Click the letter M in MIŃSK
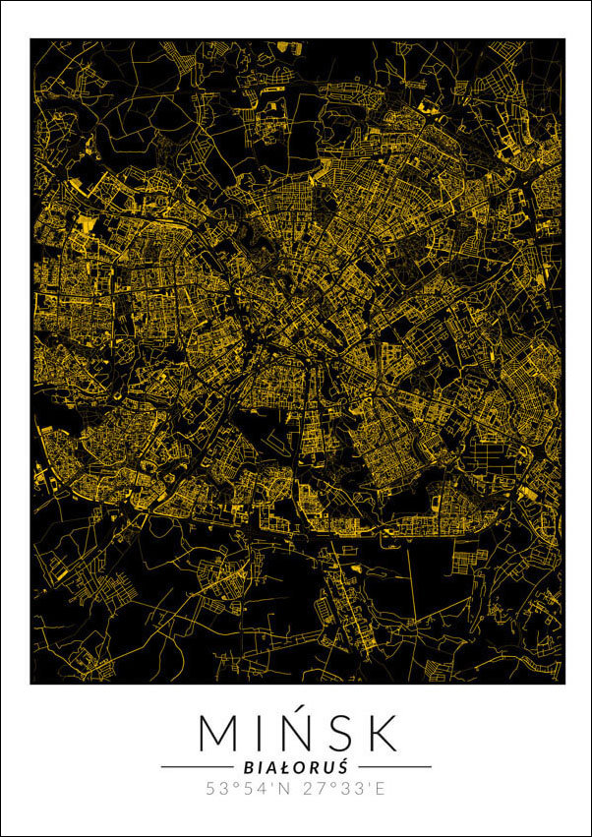(218, 733)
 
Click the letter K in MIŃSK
(382, 733)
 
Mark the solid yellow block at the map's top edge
(286, 45)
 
